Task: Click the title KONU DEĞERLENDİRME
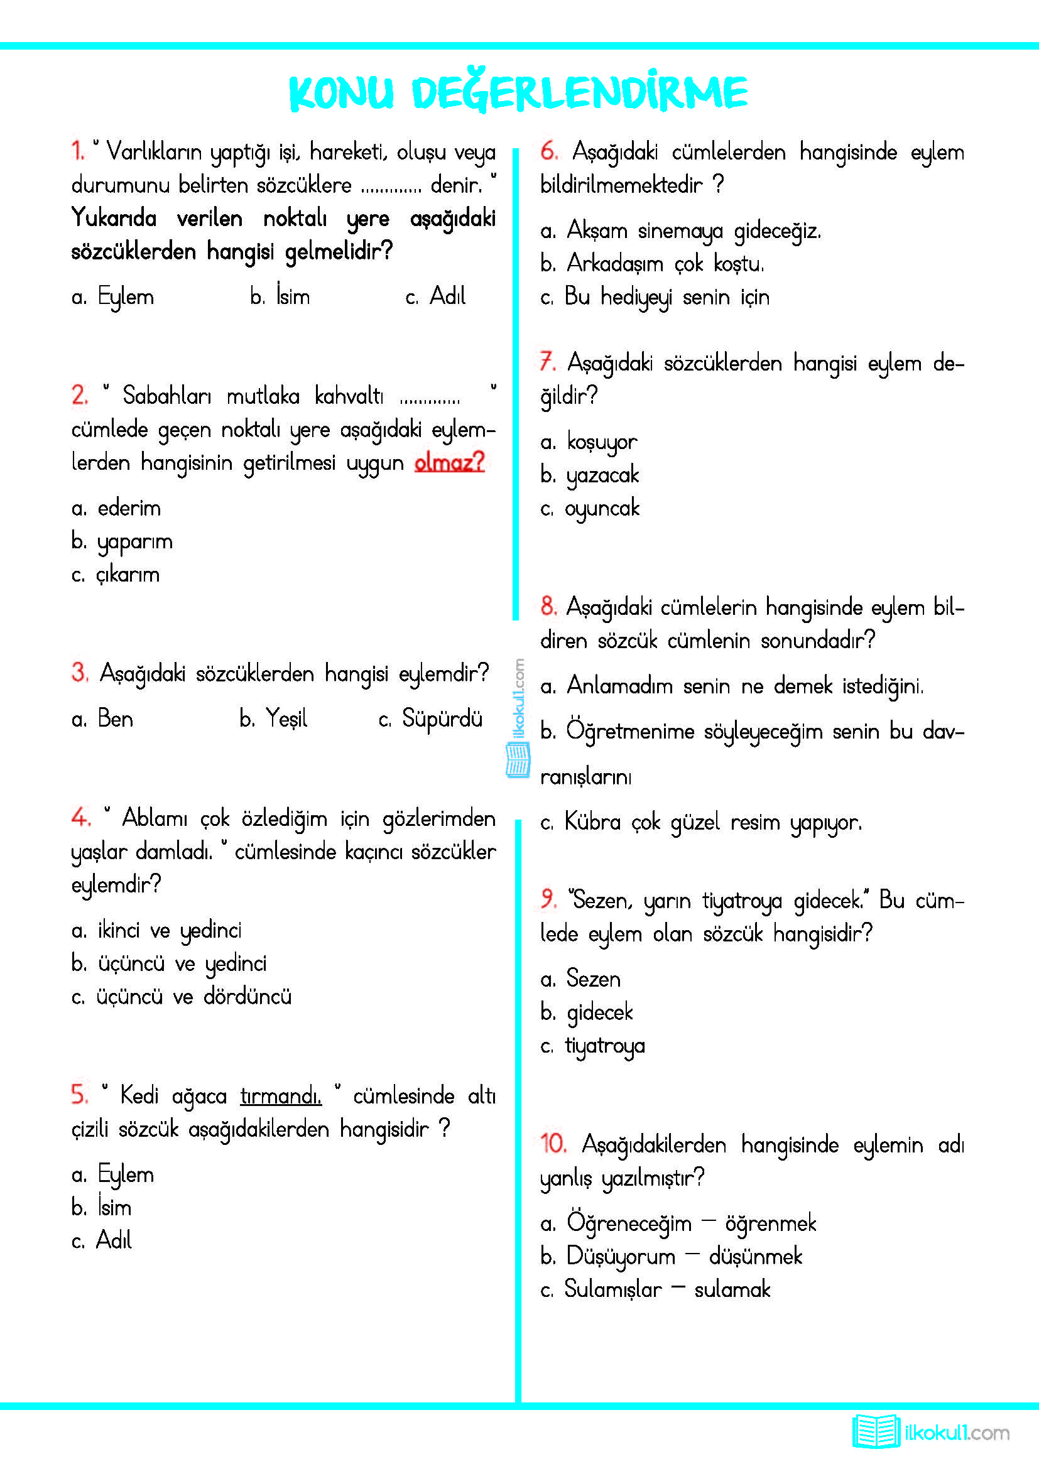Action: (x=518, y=92)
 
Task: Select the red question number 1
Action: (x=77, y=151)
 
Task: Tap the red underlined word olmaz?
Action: (x=449, y=462)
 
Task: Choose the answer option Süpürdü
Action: (x=442, y=718)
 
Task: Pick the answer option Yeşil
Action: (x=286, y=718)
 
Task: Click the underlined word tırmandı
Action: (x=281, y=1096)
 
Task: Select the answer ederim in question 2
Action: (x=129, y=508)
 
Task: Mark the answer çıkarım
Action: (x=128, y=575)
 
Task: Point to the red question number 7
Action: (x=547, y=362)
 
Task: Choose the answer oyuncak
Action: (x=601, y=508)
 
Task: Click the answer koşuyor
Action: (x=601, y=442)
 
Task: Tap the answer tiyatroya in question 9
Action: (x=604, y=1046)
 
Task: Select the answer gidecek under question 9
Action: (x=599, y=1012)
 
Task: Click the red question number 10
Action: (x=553, y=1143)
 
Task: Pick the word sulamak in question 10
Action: (x=732, y=1289)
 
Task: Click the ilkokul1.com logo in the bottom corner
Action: (x=931, y=1433)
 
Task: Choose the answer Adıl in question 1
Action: (x=447, y=296)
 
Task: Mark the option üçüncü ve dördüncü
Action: (x=193, y=997)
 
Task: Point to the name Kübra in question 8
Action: (x=592, y=821)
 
